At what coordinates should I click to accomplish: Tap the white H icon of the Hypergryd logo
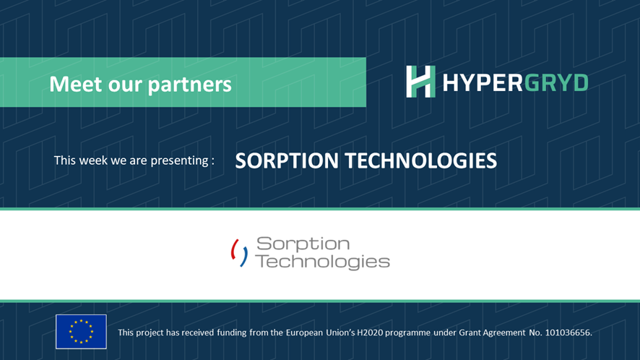[x=420, y=82]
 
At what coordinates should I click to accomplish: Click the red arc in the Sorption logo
[x=234, y=250]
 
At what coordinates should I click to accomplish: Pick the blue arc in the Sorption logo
[x=245, y=256]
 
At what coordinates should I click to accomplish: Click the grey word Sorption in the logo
[x=303, y=244]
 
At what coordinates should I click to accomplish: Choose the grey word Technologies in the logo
[x=322, y=261]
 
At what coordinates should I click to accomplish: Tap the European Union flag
[x=81, y=332]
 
